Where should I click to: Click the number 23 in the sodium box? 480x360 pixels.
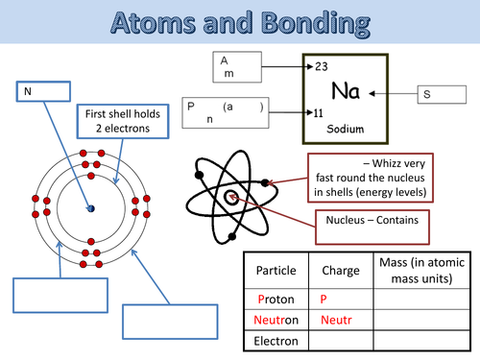(323, 66)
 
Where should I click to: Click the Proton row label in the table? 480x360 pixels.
(276, 299)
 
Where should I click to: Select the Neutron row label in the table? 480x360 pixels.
(276, 320)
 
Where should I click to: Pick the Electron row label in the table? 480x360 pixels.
(276, 341)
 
